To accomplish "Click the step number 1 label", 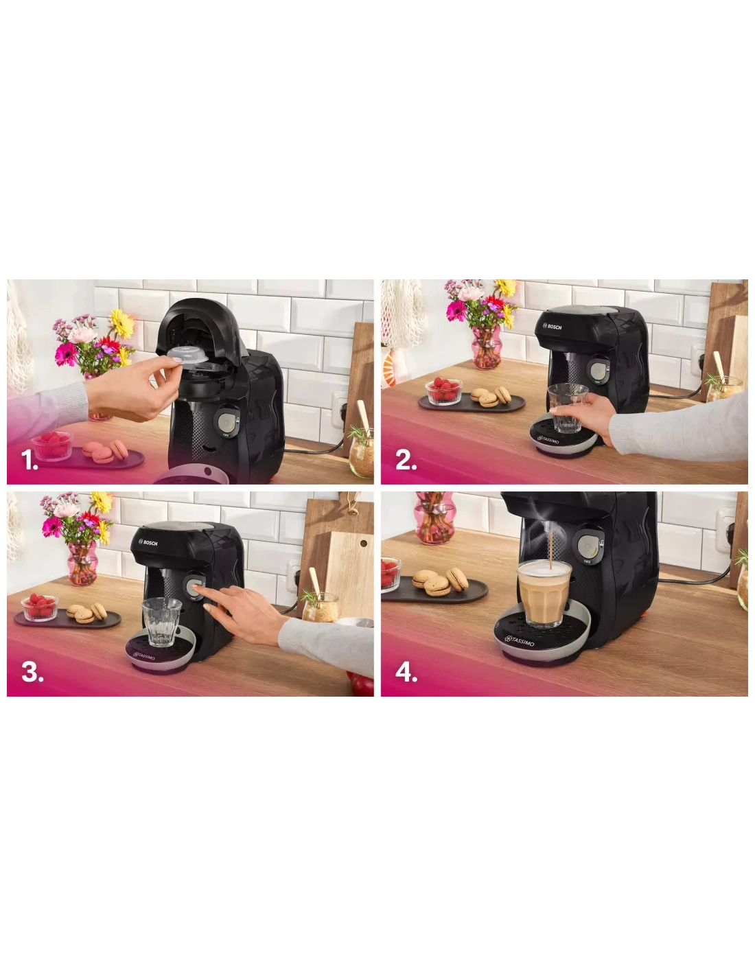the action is point(30,460).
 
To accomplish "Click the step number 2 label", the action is point(406,460).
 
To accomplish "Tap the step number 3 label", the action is point(32,672).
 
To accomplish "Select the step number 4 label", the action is point(406,672).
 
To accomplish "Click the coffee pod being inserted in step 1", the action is point(187,352).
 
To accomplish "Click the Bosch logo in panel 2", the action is point(552,327).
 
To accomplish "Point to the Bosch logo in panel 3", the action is point(148,543).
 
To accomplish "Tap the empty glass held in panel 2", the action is point(568,408).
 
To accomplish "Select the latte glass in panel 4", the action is point(544,593).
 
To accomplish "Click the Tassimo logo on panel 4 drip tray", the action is point(520,640).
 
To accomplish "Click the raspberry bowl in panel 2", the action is point(444,391).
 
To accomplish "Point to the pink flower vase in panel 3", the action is point(82,563).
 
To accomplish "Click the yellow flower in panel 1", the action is point(121,323).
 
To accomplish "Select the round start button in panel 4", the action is point(590,546).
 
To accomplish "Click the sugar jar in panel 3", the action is point(321,607).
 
